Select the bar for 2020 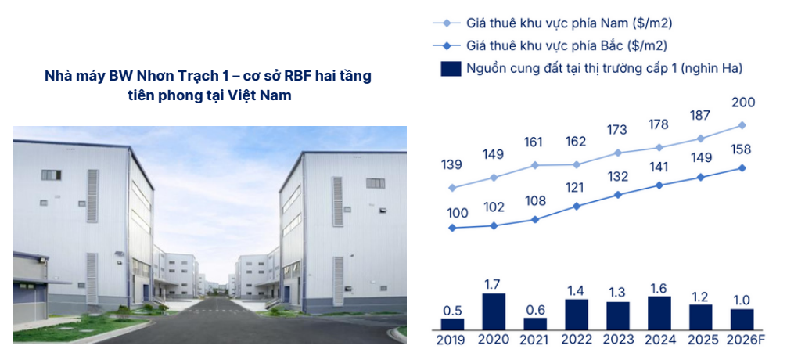click(x=494, y=311)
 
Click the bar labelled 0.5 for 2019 click(x=452, y=324)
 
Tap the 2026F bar click(x=742, y=319)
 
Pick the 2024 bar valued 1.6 click(x=659, y=313)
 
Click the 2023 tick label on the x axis click(x=618, y=340)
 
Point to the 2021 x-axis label click(x=535, y=340)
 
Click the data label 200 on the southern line click(x=743, y=103)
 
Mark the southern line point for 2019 click(x=452, y=188)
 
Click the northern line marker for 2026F click(x=742, y=168)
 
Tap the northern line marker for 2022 click(x=577, y=206)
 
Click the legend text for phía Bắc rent click(x=566, y=45)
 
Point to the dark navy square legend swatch click(x=451, y=68)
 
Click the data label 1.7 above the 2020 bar click(x=494, y=285)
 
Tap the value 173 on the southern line click(x=616, y=130)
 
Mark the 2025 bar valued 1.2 click(x=700, y=317)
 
